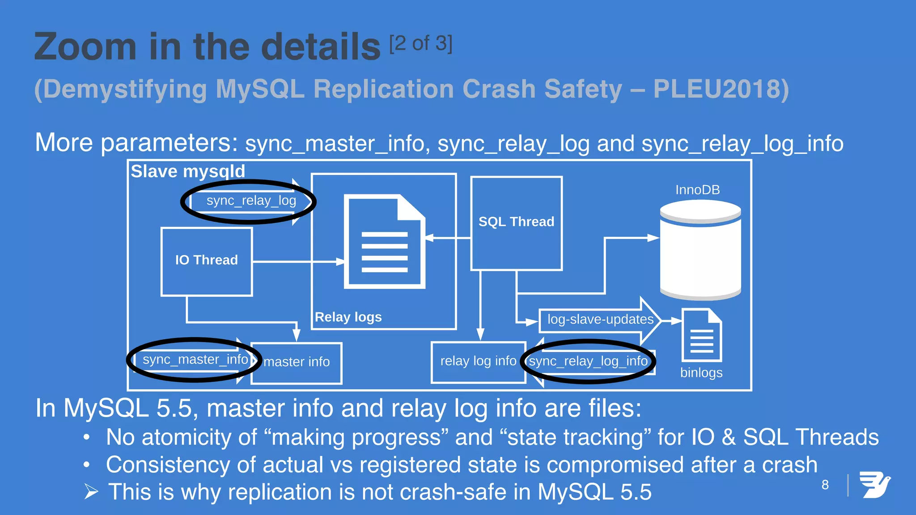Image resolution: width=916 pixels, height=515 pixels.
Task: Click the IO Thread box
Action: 207,262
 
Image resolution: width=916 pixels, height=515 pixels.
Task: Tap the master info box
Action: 297,363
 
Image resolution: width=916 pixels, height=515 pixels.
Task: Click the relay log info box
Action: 478,362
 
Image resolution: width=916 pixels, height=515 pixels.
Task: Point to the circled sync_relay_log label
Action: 251,201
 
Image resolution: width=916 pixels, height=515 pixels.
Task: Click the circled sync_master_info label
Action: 195,360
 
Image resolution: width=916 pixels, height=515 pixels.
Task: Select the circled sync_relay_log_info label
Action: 588,361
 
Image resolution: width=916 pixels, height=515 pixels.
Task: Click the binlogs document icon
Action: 701,335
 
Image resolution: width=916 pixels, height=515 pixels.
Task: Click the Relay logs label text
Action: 348,317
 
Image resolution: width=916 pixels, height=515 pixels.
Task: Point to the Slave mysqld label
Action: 188,172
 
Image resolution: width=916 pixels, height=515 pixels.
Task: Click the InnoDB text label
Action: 697,190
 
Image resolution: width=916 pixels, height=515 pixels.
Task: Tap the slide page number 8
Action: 825,485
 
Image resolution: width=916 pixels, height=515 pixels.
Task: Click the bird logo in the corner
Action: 875,485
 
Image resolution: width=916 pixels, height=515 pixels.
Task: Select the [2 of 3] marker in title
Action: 421,44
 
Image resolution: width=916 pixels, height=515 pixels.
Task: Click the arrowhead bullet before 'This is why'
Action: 91,492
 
